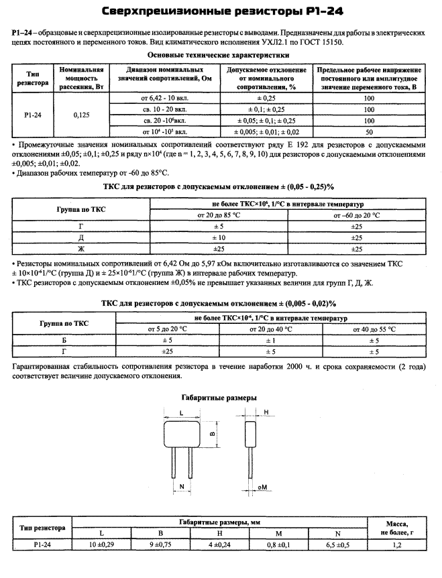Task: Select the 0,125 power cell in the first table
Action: point(81,115)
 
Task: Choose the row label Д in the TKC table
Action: point(81,237)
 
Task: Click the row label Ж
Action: point(81,249)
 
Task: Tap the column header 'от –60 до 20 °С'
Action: point(356,215)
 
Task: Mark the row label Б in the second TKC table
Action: point(64,340)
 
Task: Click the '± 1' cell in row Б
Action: point(271,340)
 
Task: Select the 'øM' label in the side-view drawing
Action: point(264,486)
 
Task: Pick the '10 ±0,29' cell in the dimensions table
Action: point(101,544)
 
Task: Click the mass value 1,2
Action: point(397,544)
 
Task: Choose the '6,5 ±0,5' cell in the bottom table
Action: point(337,544)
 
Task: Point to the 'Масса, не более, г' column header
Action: point(397,528)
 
